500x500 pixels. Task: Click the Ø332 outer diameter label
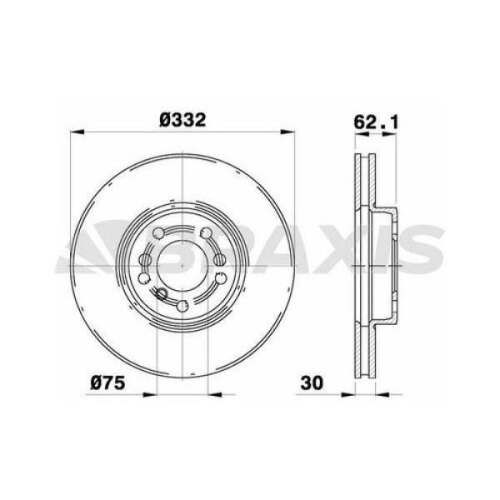tap(182, 119)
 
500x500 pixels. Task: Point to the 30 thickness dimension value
tap(312, 384)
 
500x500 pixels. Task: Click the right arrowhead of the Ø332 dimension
tap(285, 132)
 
